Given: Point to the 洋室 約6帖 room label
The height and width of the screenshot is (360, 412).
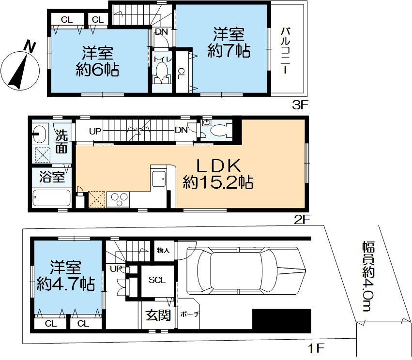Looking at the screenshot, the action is [x=97, y=61].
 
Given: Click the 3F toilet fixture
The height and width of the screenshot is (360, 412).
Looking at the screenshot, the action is [x=162, y=73].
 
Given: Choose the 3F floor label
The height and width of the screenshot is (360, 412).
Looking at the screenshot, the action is [x=300, y=105].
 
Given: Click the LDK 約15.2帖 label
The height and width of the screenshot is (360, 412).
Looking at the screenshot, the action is [x=218, y=174].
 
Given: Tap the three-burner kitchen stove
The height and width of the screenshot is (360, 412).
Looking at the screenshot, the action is [x=118, y=200].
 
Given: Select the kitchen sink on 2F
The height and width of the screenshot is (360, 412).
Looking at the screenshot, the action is [x=159, y=179].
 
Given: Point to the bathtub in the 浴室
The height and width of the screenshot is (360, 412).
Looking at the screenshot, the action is [x=51, y=198].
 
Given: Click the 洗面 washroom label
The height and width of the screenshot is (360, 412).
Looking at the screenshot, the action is [x=62, y=142].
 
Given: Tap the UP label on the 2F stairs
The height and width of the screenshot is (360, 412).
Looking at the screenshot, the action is [x=95, y=131].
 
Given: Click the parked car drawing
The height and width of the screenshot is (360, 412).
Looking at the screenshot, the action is [x=246, y=271].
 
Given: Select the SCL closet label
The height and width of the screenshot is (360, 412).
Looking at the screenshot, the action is [x=157, y=280].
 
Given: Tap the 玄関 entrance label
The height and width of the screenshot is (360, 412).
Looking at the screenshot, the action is [x=158, y=315].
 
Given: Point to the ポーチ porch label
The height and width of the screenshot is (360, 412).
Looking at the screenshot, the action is [x=189, y=314].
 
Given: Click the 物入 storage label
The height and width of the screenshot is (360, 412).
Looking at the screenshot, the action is [x=164, y=251].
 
